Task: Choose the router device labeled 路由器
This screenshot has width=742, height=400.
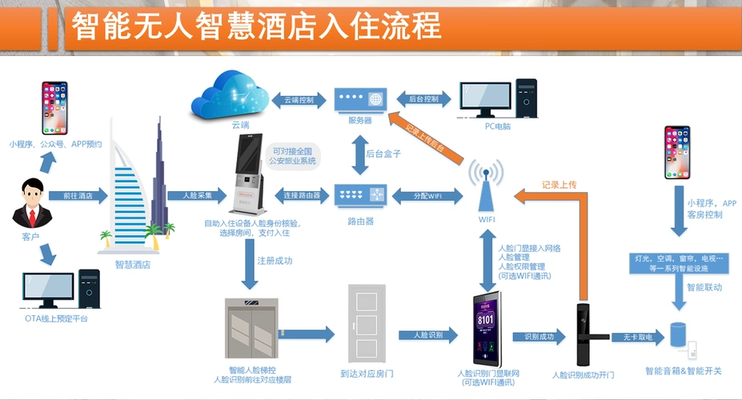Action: pos(359,194)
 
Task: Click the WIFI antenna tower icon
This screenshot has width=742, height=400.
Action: pos(487,183)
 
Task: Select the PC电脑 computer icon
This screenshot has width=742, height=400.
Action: pos(496,94)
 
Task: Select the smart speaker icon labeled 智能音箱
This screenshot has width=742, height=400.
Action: pos(677,337)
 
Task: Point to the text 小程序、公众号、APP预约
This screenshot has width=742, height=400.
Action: pos(55,145)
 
